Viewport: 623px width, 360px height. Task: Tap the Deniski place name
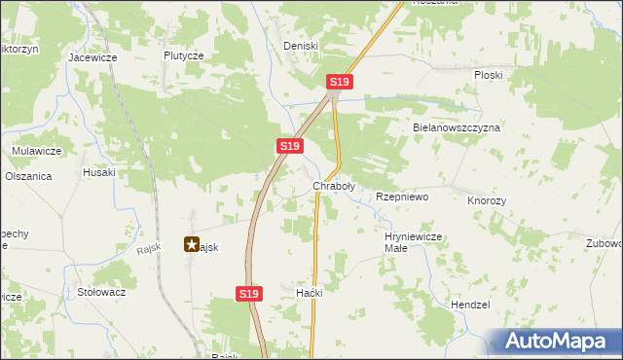pyautogui.click(x=301, y=46)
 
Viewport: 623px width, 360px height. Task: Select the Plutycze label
pyautogui.click(x=184, y=56)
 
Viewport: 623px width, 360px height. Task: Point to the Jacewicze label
pyautogui.click(x=92, y=57)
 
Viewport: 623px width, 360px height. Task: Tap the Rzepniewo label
pyautogui.click(x=402, y=197)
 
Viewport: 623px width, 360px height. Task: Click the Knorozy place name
pyautogui.click(x=487, y=199)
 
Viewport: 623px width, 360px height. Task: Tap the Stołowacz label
pyautogui.click(x=101, y=291)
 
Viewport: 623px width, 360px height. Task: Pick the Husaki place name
pyautogui.click(x=99, y=172)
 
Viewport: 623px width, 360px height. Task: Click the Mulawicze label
pyautogui.click(x=37, y=151)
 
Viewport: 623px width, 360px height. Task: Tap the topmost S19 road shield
pyautogui.click(x=339, y=83)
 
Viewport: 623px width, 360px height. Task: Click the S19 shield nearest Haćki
pyautogui.click(x=249, y=293)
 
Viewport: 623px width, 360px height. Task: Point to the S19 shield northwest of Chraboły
pyautogui.click(x=288, y=146)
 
